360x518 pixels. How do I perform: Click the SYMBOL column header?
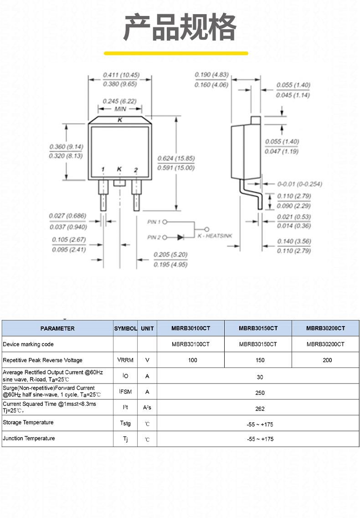click(125, 328)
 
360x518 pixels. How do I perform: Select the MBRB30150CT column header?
click(258, 328)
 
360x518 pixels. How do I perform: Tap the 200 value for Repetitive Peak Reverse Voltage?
click(327, 360)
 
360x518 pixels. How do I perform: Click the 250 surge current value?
click(260, 393)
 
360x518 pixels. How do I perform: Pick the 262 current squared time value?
click(260, 409)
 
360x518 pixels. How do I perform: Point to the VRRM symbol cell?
click(125, 360)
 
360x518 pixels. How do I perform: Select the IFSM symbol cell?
click(125, 392)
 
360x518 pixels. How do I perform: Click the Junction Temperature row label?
click(29, 438)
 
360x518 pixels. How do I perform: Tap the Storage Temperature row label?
click(28, 423)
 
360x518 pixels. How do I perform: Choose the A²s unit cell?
click(147, 408)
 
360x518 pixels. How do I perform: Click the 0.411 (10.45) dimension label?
click(121, 75)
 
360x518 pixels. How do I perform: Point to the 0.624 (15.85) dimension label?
click(176, 159)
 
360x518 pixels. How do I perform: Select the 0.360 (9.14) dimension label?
click(66, 147)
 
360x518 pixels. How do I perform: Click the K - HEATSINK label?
click(215, 236)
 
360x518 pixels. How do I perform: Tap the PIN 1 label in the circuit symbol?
click(154, 222)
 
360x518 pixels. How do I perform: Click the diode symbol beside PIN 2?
click(180, 237)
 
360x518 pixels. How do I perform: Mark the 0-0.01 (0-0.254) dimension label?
click(300, 184)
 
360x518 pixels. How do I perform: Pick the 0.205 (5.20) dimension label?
click(170, 255)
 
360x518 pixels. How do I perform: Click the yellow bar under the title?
click(176, 53)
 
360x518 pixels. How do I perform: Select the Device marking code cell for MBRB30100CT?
click(190, 344)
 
